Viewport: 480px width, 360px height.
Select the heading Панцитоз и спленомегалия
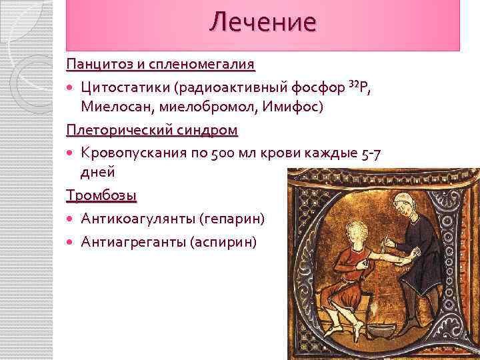point(161,65)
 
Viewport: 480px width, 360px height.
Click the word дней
point(98,171)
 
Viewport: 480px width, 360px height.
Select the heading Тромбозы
point(101,195)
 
